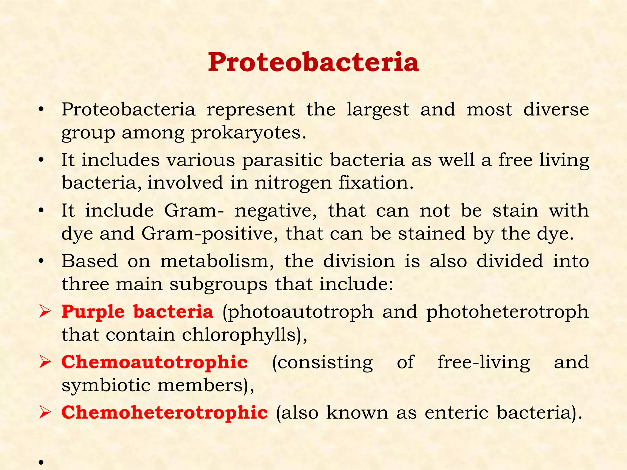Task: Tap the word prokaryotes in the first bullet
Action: tap(248, 133)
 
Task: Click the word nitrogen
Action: tap(293, 183)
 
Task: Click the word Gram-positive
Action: tap(210, 234)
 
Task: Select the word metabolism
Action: tap(217, 262)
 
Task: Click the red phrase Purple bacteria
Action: tap(137, 312)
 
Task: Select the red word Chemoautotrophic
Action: tap(155, 362)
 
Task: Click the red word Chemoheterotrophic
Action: tap(165, 412)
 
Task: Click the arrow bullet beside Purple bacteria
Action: tap(45, 312)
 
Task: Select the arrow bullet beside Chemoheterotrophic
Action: tap(45, 413)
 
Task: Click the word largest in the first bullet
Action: tap(377, 110)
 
